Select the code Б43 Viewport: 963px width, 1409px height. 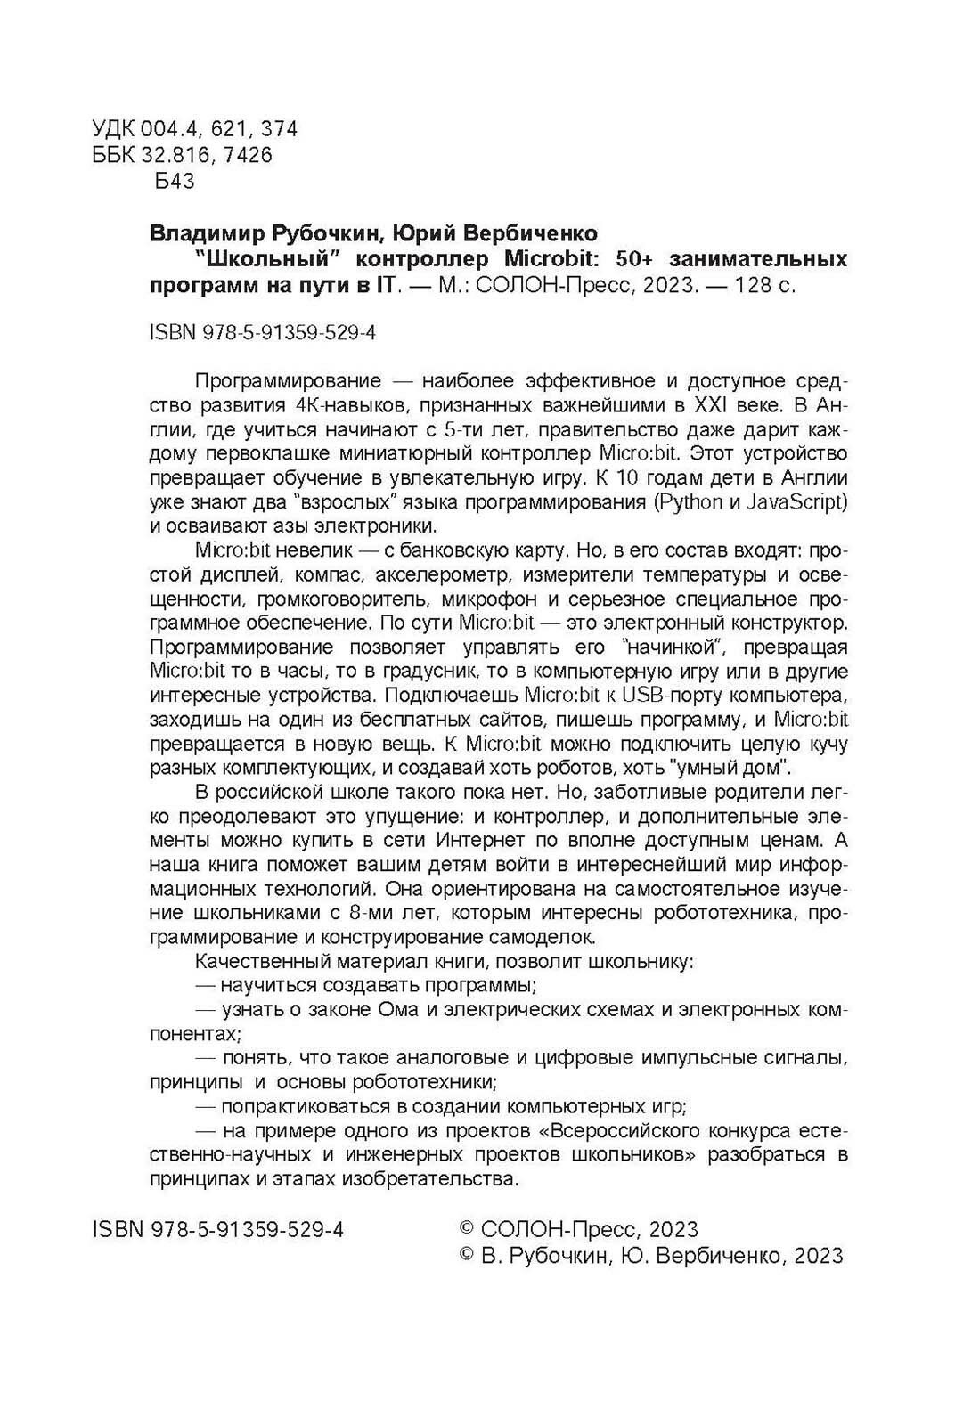[x=174, y=182]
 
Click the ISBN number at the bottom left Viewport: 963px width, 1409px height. [x=218, y=1230]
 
